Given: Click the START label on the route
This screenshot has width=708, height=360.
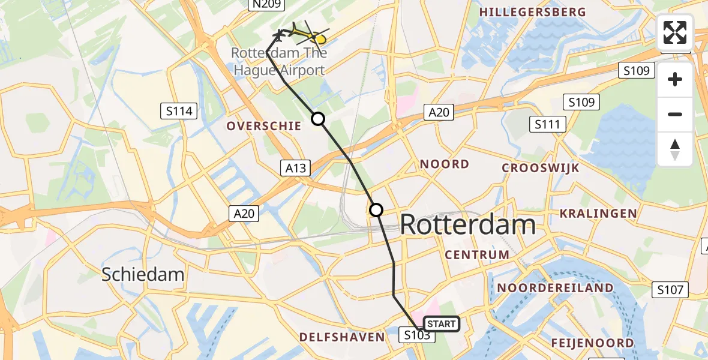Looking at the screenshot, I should [442, 324].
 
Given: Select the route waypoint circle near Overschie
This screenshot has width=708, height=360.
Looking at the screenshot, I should [318, 119].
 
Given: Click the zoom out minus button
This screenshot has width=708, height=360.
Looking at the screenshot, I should [675, 115].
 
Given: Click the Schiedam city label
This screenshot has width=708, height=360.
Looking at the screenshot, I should [143, 274].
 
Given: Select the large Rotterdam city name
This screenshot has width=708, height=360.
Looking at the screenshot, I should [467, 225].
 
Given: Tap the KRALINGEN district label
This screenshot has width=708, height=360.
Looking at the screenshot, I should [598, 214].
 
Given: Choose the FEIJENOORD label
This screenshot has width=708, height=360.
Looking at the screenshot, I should [592, 343].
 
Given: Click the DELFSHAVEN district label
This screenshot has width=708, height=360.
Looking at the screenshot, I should [343, 337].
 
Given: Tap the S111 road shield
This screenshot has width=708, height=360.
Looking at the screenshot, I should [547, 125].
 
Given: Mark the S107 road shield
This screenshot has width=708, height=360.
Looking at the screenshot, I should [670, 290].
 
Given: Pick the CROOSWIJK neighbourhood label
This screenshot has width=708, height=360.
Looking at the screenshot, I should [541, 168].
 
